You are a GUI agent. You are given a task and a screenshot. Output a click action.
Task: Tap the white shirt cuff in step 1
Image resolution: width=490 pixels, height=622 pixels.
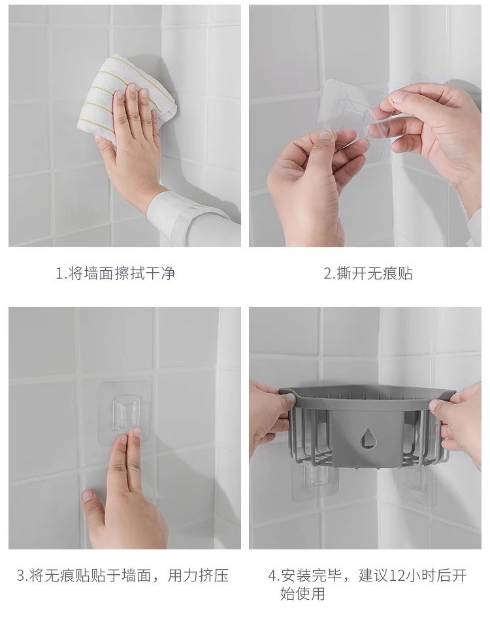point(190,216)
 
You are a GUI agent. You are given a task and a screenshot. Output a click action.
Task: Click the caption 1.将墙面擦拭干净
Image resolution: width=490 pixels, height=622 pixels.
point(115,273)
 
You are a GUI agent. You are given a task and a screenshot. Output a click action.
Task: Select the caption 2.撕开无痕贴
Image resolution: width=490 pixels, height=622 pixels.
point(368,273)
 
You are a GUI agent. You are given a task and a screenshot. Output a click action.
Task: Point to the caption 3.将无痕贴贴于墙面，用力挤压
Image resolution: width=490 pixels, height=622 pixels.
point(122,576)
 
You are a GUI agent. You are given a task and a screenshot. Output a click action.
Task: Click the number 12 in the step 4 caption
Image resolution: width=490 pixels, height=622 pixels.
point(398,576)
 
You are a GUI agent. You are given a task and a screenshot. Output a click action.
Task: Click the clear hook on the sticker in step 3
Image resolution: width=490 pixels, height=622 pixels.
point(126,413)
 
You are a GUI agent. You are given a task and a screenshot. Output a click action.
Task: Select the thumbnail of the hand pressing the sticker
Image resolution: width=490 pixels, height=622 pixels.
point(125,428)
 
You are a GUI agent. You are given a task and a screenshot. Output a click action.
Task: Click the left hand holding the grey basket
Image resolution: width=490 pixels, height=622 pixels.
point(269,421)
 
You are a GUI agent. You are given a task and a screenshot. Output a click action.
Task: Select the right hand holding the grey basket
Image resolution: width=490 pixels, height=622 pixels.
point(459,424)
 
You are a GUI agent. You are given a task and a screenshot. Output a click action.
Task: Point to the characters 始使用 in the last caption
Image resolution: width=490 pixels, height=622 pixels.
point(302,594)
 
